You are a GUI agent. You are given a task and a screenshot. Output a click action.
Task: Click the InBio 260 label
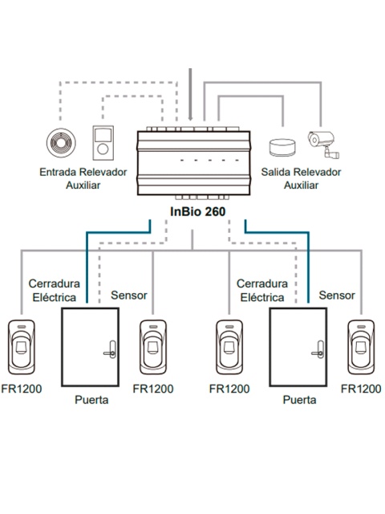pos(198,211)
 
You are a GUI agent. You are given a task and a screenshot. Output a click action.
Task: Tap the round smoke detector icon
pos(61,143)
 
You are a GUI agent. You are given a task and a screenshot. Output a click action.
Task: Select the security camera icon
pos(323,145)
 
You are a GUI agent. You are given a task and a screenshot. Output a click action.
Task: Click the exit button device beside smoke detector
pos(103,143)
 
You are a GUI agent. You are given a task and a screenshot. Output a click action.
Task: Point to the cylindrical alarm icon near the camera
pos(282,147)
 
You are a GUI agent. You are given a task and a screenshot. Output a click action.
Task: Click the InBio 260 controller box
pos(194,162)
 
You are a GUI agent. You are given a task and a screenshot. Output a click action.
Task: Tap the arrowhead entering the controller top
pos(190,118)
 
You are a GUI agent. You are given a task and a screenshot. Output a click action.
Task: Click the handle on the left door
pos(111,350)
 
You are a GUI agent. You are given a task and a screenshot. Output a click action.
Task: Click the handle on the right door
pos(319,350)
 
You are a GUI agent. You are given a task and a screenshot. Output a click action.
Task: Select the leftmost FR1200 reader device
pos(22,347)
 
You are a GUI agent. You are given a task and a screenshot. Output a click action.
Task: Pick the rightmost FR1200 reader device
pos(361,347)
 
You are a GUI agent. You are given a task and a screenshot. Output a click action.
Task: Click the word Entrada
pos(58,172)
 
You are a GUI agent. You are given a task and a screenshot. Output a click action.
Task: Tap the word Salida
pos(276,172)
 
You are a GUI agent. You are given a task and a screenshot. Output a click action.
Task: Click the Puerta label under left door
pos(91,400)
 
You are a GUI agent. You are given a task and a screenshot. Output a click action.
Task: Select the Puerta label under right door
pos(299,400)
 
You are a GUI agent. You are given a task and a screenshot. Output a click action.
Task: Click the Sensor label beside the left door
pos(129,296)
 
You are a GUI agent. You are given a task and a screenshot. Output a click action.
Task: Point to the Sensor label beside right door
pos(337,296)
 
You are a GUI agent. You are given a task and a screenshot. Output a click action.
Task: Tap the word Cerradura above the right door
pos(262,284)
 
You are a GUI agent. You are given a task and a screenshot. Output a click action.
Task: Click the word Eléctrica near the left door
pos(55,297)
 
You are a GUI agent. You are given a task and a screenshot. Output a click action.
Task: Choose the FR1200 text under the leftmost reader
pos(22,389)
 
